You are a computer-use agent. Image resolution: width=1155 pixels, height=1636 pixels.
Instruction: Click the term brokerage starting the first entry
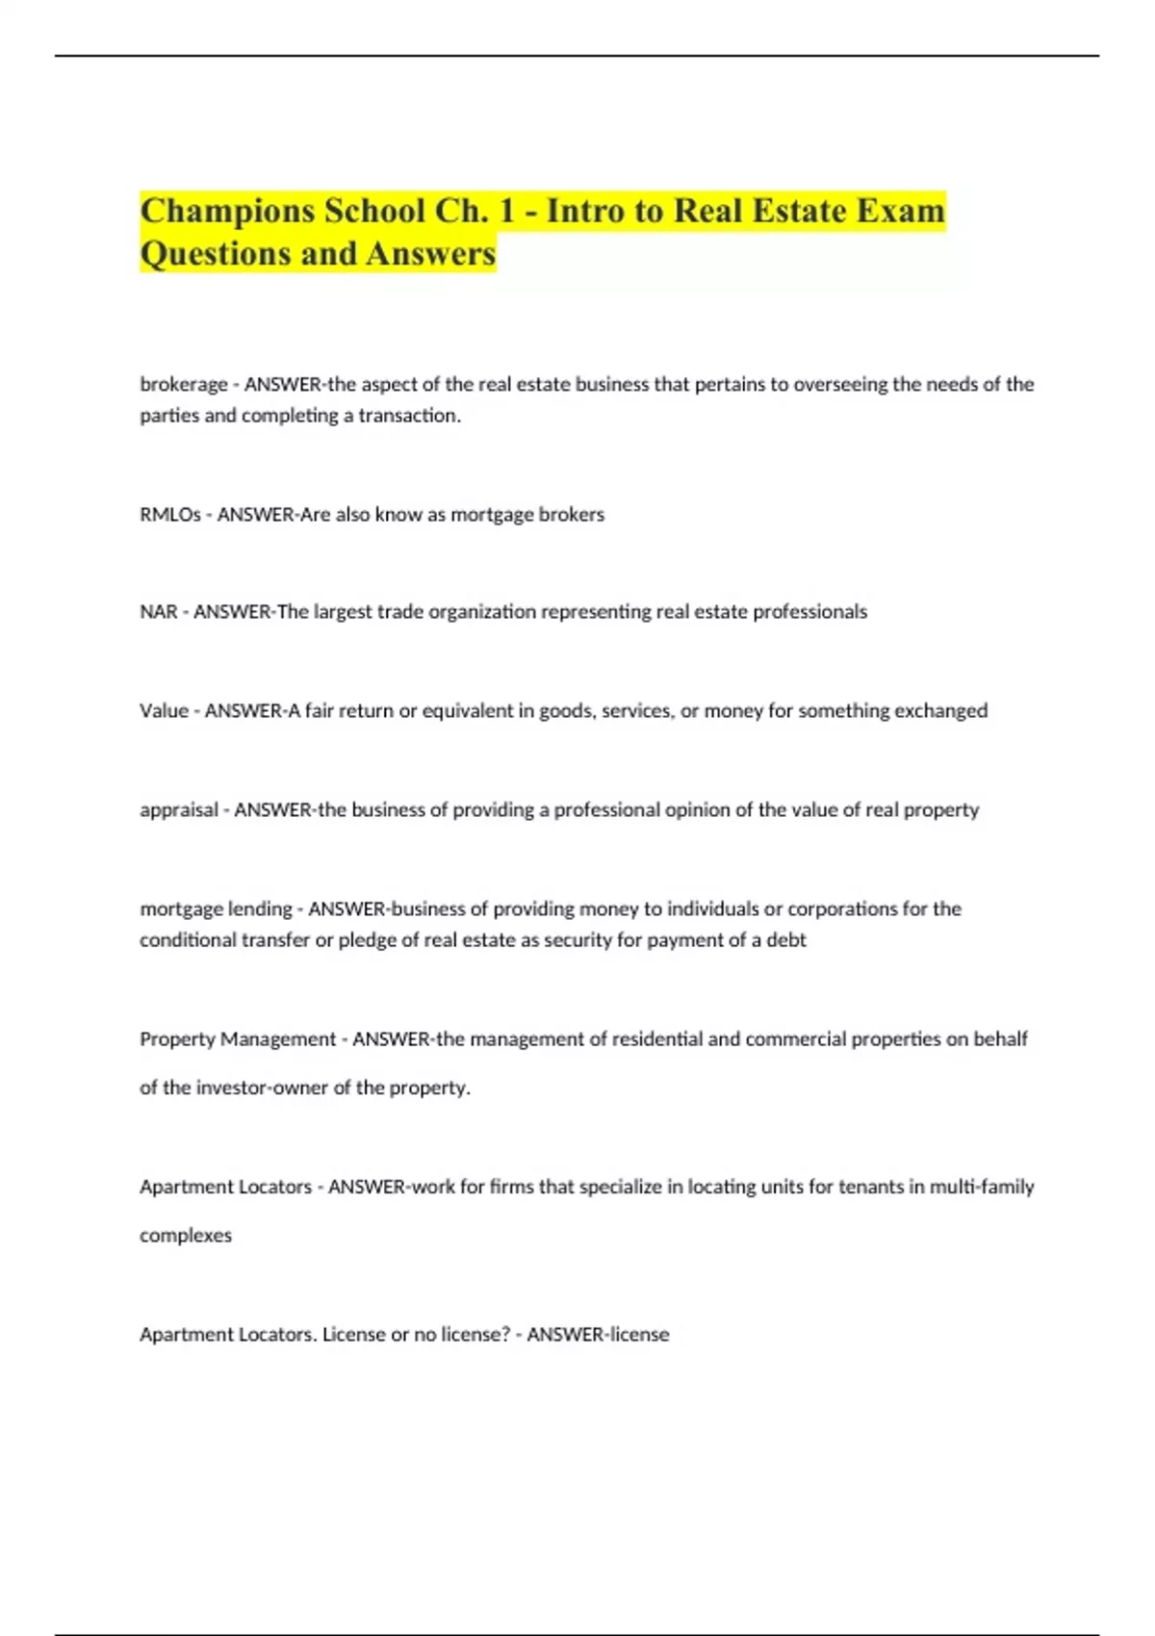click(x=183, y=384)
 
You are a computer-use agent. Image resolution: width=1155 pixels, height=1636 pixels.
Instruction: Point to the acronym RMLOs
click(x=169, y=515)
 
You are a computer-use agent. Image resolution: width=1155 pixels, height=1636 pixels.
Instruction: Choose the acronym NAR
click(x=158, y=612)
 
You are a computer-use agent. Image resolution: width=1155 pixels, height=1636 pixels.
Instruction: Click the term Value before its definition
click(x=164, y=711)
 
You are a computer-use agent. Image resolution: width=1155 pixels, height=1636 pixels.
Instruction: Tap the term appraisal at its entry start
click(x=178, y=810)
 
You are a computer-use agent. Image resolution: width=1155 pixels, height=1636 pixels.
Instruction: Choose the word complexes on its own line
click(x=185, y=1236)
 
